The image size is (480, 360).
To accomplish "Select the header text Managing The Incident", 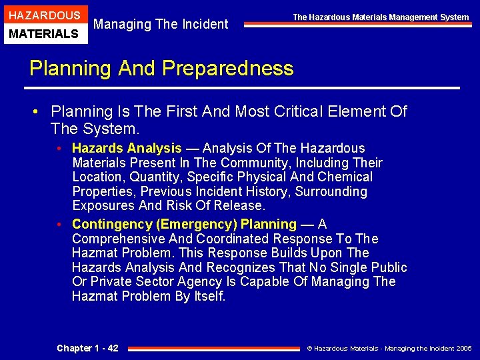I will (161, 25).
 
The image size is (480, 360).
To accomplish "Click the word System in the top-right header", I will (454, 17).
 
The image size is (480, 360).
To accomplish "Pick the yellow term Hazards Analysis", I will (127, 148).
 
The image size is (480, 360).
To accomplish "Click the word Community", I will (252, 163).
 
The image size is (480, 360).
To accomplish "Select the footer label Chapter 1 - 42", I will (87, 347).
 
